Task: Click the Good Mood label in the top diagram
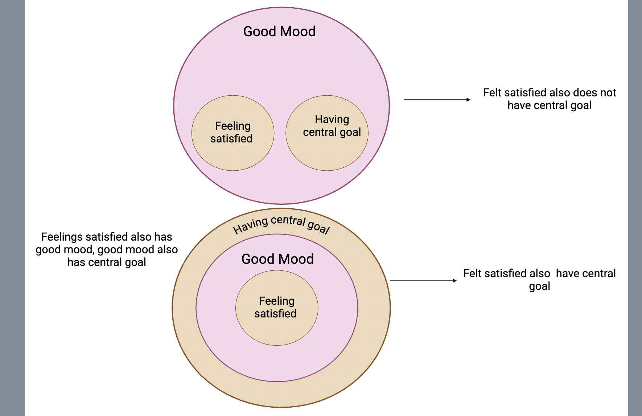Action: (x=279, y=32)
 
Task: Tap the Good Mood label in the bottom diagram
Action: (x=277, y=259)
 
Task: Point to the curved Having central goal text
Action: (x=281, y=224)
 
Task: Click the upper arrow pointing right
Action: (x=435, y=100)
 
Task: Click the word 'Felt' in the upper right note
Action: (x=492, y=93)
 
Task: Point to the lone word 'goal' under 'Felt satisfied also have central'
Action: (x=539, y=287)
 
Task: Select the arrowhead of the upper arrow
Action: (x=468, y=100)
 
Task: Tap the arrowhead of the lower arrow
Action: (x=454, y=280)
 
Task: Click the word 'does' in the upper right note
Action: (x=584, y=93)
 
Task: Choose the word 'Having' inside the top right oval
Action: (x=332, y=119)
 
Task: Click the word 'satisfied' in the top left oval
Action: (x=231, y=138)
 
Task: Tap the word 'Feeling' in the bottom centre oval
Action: (x=277, y=301)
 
